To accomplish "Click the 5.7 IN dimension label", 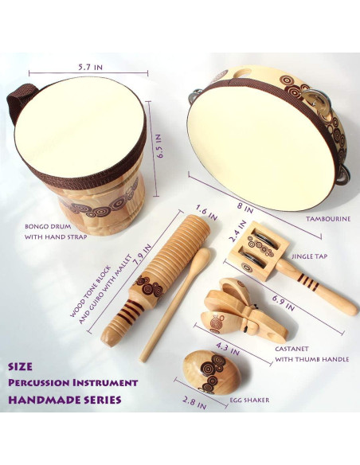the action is (x=91, y=68).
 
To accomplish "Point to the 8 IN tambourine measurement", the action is (x=245, y=208).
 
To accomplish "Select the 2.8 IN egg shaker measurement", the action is (x=194, y=403).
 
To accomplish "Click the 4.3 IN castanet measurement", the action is (x=228, y=349).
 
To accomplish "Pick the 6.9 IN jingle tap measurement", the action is (x=284, y=303).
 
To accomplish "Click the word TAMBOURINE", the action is (x=328, y=219).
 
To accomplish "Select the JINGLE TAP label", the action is (x=310, y=256).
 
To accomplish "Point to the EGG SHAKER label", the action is (x=249, y=400).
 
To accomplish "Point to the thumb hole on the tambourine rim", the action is (x=242, y=73).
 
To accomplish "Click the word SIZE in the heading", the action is (x=20, y=366).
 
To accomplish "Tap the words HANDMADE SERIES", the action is (x=65, y=400).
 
